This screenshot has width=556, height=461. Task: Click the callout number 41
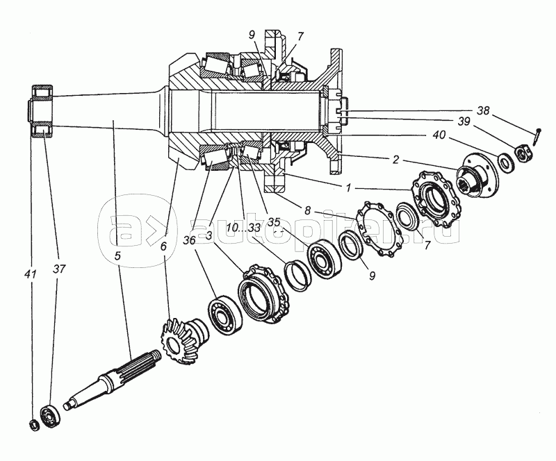point(31,274)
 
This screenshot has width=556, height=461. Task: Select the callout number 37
point(59,269)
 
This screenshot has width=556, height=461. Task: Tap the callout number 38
point(482,110)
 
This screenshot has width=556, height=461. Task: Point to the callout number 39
point(464,121)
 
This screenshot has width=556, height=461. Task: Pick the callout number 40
point(439,135)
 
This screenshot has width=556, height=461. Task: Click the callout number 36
point(189,241)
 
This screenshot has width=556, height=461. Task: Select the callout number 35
point(274,222)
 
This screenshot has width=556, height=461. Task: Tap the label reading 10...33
point(244,228)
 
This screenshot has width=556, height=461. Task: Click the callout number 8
point(307,211)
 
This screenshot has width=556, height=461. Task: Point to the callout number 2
point(395,160)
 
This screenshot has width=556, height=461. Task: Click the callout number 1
point(348,188)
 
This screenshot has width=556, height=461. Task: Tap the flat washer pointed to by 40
point(506,162)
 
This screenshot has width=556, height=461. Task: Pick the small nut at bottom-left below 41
point(33,424)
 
